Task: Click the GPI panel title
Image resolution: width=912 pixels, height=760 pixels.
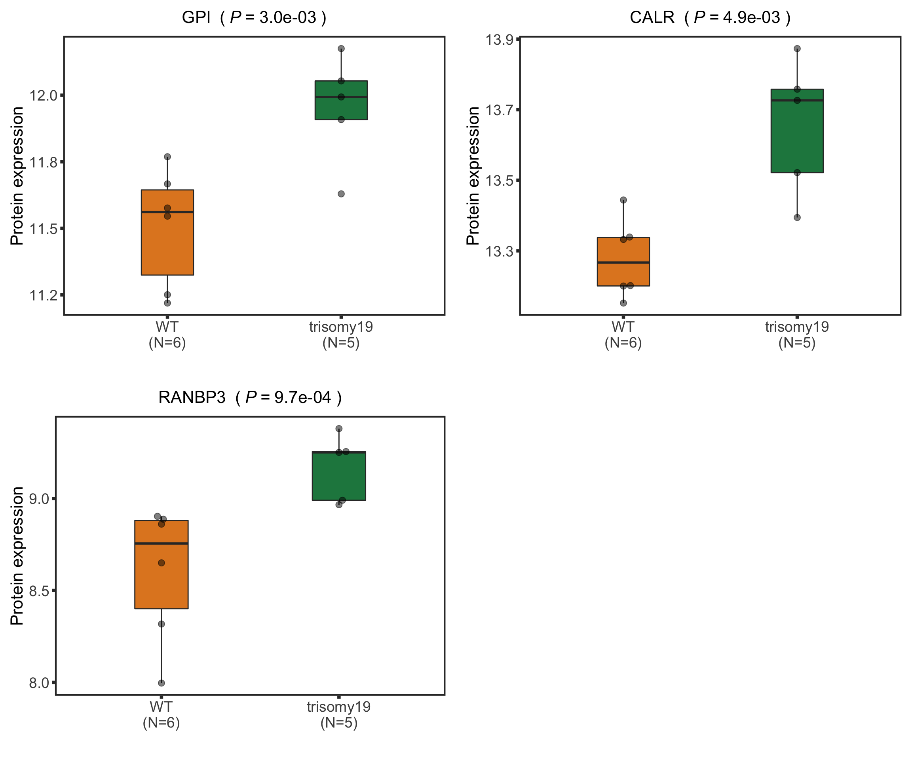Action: (x=254, y=18)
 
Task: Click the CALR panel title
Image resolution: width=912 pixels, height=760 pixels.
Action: (x=710, y=18)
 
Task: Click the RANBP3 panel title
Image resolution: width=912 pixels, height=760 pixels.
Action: (x=250, y=397)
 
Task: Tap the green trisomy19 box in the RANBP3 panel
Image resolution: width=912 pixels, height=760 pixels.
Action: (x=339, y=478)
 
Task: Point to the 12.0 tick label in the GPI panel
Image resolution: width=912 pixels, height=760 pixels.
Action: (x=44, y=95)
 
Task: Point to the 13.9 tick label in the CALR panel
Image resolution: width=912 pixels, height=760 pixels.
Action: (x=500, y=40)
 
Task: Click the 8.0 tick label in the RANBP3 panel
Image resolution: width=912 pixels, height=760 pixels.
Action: (x=39, y=683)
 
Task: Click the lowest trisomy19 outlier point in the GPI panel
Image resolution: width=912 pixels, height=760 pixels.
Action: (x=341, y=194)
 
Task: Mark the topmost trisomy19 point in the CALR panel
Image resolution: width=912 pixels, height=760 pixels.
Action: (x=797, y=49)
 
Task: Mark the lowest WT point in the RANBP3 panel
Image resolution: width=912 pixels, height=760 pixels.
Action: (x=161, y=683)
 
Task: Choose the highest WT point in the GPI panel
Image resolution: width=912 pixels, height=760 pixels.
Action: (x=167, y=157)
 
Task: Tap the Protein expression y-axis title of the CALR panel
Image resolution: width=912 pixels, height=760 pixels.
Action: (x=473, y=176)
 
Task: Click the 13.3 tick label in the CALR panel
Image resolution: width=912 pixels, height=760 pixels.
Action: (x=500, y=251)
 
